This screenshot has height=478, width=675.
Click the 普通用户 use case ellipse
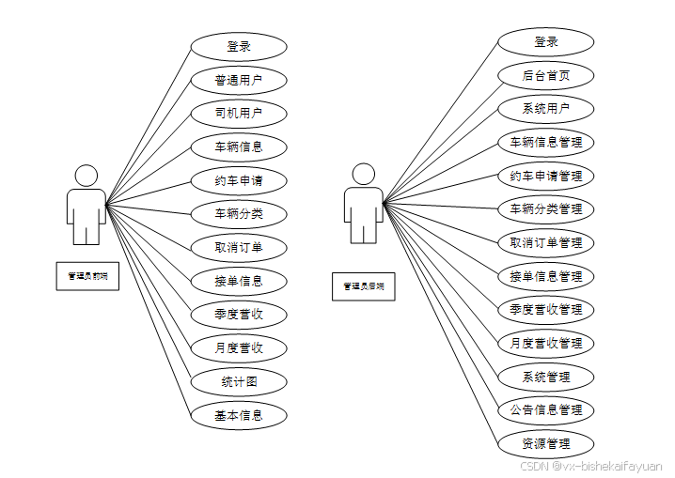(x=239, y=80)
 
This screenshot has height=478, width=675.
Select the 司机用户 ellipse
(x=239, y=114)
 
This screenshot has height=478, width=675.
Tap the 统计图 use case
(x=239, y=381)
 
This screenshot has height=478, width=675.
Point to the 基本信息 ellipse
(x=239, y=414)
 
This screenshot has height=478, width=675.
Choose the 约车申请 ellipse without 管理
(x=239, y=180)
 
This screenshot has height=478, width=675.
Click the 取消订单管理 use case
(x=546, y=242)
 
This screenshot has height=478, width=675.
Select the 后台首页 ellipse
(x=546, y=75)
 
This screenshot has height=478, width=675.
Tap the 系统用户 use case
(x=546, y=109)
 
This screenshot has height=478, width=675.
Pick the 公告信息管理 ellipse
(x=546, y=409)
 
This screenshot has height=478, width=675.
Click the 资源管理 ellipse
(x=546, y=443)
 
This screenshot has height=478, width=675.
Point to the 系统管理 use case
(x=546, y=377)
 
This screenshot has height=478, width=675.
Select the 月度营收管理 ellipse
(x=546, y=343)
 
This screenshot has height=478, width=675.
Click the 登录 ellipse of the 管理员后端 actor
(x=546, y=42)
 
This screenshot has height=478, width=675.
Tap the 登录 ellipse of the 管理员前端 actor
(x=239, y=46)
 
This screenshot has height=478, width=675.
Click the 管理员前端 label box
(x=87, y=276)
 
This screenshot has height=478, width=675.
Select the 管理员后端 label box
(x=364, y=285)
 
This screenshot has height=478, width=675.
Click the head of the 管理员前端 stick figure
(x=86, y=176)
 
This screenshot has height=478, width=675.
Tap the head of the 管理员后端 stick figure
(x=364, y=175)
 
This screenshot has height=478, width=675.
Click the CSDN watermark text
(x=591, y=466)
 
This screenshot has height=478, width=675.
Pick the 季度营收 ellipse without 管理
(x=239, y=314)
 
